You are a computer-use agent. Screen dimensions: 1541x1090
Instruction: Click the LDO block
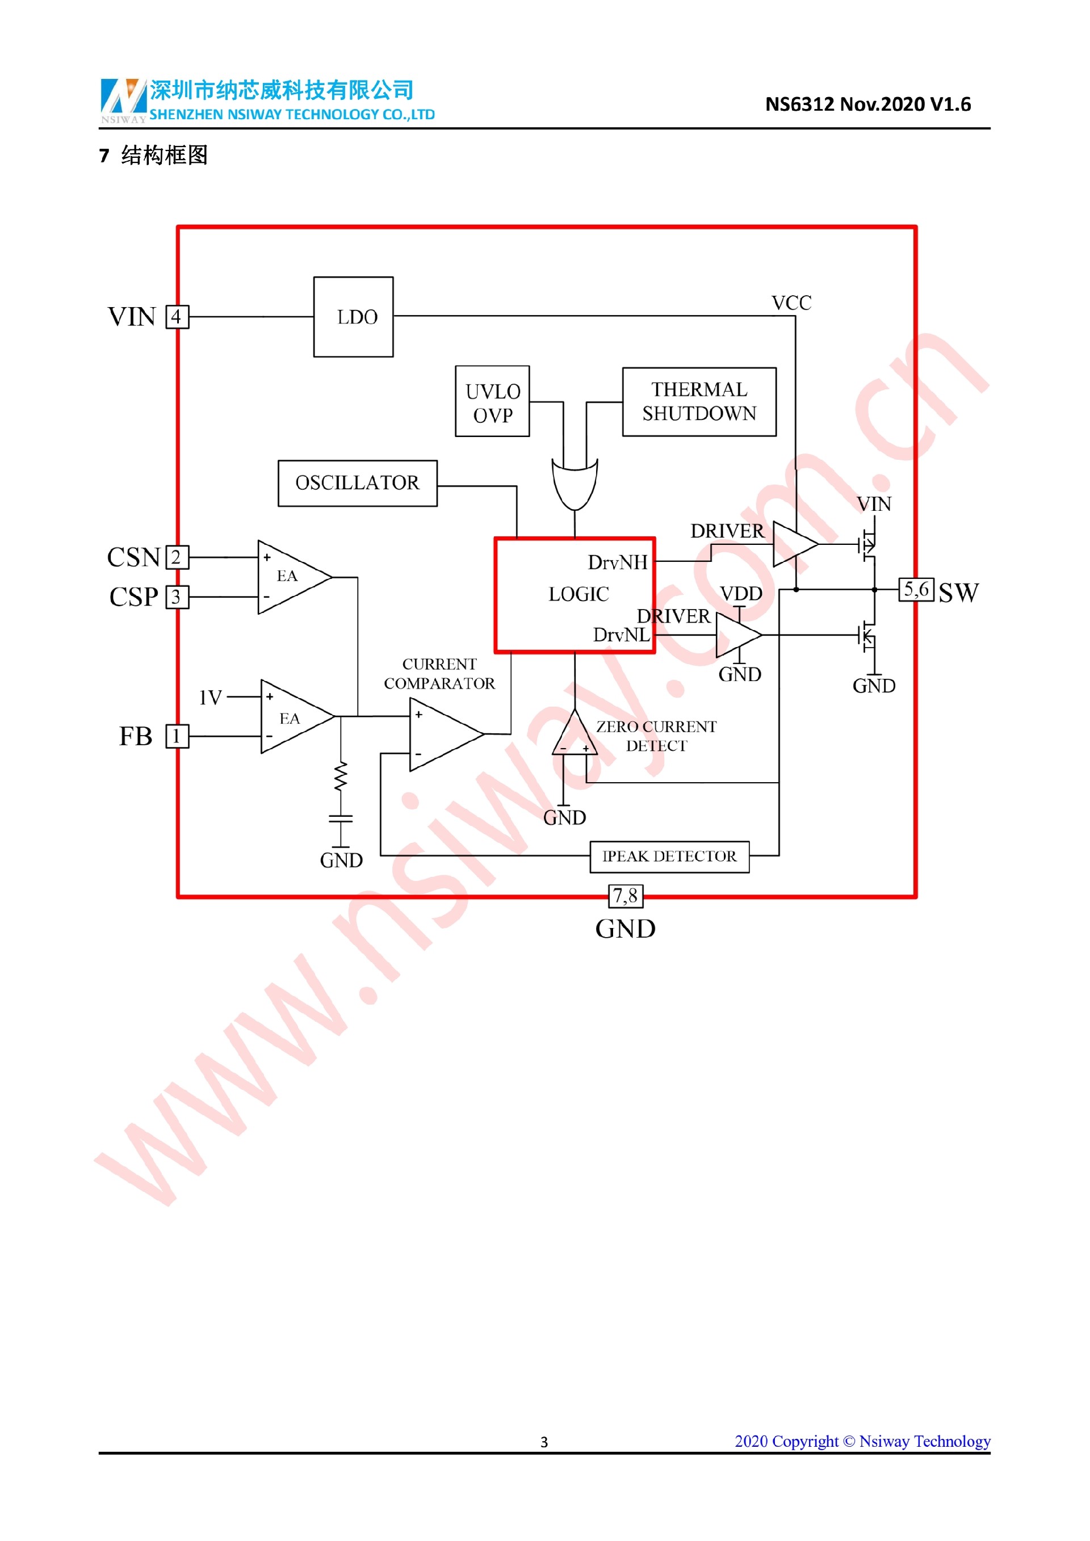(x=353, y=317)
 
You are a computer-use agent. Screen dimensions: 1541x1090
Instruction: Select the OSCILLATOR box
(x=357, y=482)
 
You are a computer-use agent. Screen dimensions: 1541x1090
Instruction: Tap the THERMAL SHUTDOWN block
(x=699, y=401)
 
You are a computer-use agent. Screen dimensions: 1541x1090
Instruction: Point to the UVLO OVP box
(x=492, y=401)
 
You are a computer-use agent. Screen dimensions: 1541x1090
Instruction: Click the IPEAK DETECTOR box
(x=669, y=856)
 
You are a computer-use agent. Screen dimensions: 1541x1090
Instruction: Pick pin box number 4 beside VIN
(x=177, y=317)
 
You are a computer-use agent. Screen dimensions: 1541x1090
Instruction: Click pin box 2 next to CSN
(x=177, y=557)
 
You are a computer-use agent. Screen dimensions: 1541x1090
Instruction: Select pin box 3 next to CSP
(x=177, y=597)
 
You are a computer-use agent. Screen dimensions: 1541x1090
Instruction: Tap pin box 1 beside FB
(x=177, y=736)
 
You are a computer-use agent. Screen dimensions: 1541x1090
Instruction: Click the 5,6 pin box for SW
(x=916, y=590)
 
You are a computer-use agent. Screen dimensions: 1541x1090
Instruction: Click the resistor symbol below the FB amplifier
(x=341, y=776)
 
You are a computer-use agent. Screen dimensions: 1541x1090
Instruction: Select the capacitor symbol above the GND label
(x=341, y=818)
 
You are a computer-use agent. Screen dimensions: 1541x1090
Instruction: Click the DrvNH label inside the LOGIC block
(x=618, y=562)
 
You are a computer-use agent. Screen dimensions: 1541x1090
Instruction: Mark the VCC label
(x=791, y=303)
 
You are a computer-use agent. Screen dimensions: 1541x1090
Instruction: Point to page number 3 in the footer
(x=544, y=1442)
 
